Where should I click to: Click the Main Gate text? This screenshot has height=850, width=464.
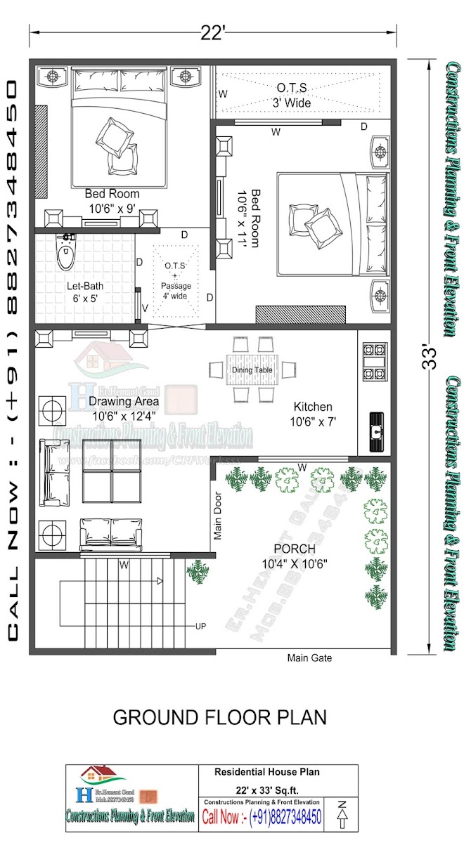click(x=309, y=658)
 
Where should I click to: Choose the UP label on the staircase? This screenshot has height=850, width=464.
click(x=201, y=625)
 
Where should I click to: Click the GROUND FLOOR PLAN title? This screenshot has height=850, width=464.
click(x=220, y=717)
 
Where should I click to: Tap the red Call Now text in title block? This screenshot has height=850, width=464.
click(x=223, y=817)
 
